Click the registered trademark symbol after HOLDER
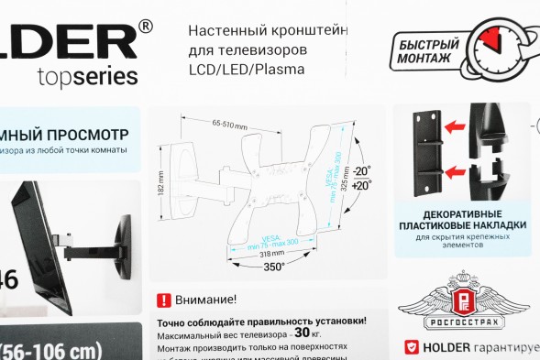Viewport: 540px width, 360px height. (x=146, y=27)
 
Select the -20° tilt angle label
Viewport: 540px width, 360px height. (x=364, y=171)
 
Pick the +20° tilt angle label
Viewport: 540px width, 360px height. (x=364, y=185)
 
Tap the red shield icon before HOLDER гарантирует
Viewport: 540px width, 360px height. (x=411, y=348)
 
